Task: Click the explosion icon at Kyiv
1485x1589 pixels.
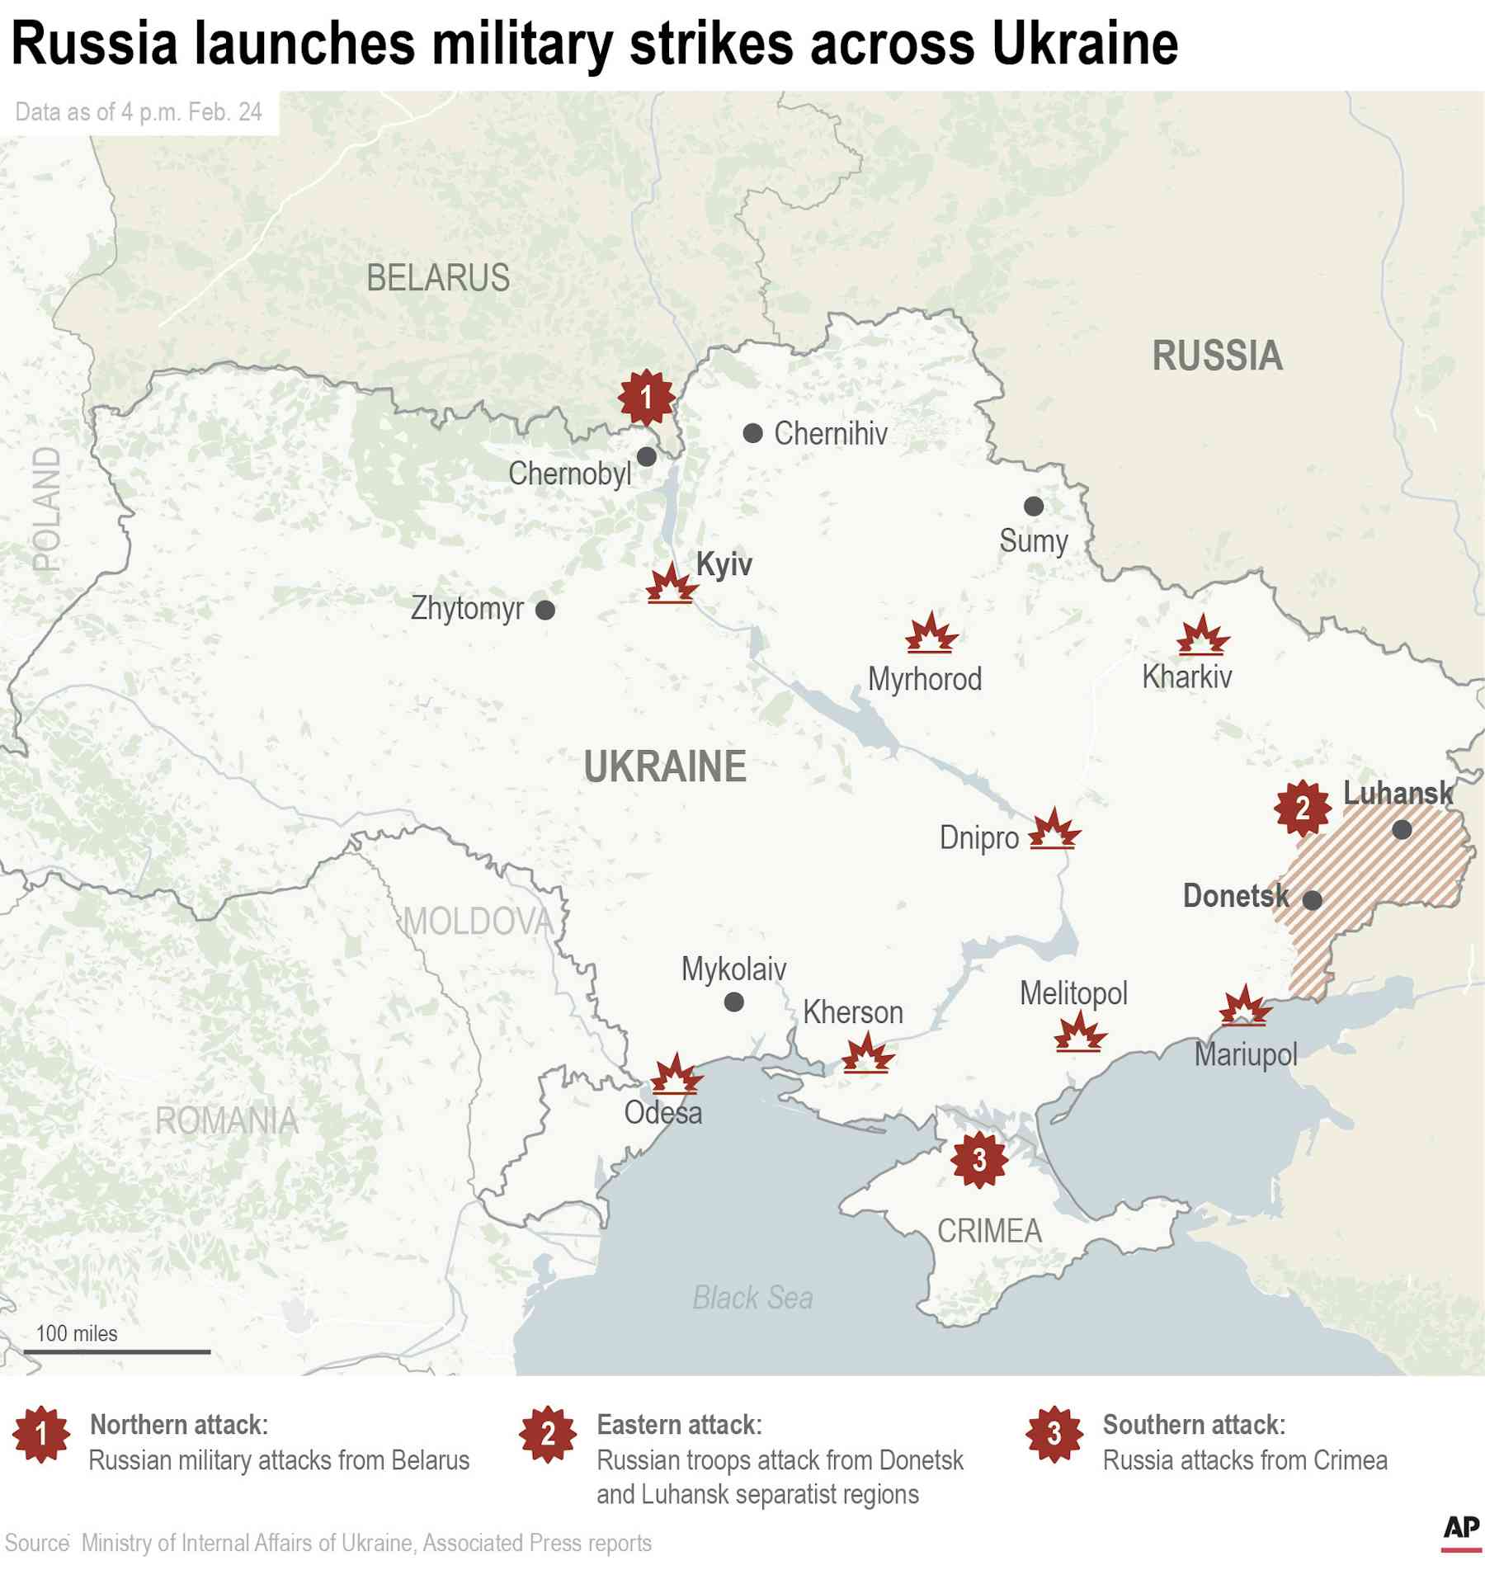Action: click(671, 585)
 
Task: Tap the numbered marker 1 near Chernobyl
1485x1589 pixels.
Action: click(646, 398)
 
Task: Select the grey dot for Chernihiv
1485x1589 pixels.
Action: click(752, 433)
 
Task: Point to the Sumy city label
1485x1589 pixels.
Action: click(1033, 541)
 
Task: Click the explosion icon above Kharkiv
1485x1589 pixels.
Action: click(1202, 635)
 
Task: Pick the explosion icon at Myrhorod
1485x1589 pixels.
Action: click(931, 634)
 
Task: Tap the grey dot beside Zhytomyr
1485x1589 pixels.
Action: click(545, 610)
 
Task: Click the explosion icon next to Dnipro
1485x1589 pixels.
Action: click(1054, 830)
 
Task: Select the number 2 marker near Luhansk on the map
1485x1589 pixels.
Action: click(1302, 808)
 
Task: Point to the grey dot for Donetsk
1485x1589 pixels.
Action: click(1312, 900)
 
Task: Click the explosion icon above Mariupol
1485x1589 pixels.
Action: click(1244, 1006)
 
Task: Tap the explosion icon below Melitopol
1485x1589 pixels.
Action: click(1079, 1032)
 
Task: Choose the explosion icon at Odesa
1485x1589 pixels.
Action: click(676, 1074)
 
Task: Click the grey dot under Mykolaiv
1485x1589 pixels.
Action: click(733, 1002)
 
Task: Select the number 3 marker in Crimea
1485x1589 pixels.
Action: click(978, 1160)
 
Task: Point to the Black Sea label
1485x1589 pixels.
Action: click(752, 1298)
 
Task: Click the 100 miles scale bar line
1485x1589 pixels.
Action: click(117, 1351)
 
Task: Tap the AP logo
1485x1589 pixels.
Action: click(1461, 1527)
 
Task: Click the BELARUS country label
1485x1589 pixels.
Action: click(437, 278)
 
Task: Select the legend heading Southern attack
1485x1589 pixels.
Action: click(1194, 1424)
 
